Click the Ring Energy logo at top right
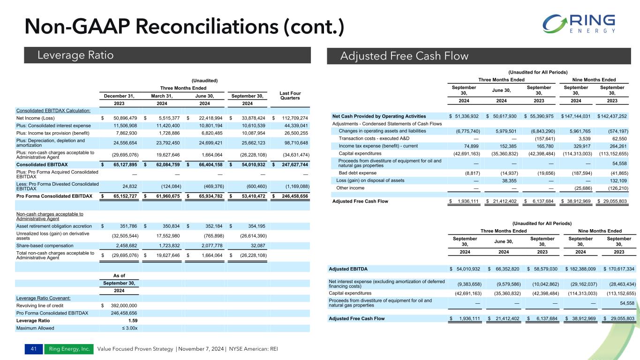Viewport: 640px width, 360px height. (x=579, y=24)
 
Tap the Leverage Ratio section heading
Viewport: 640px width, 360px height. (x=75, y=55)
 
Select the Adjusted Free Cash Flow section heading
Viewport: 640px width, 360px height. (x=404, y=56)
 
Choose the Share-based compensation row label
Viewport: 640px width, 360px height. (x=45, y=245)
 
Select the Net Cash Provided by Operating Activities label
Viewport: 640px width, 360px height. (x=379, y=116)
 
